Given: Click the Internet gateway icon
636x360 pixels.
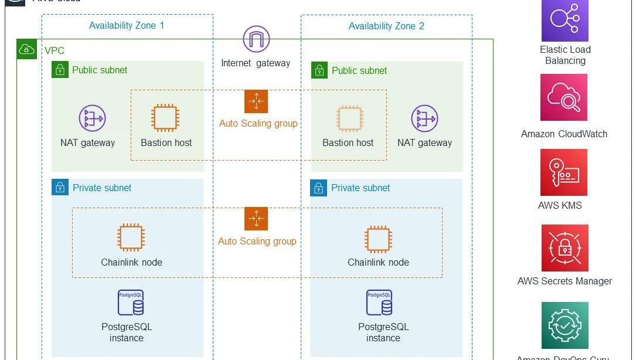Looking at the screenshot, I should (256, 39).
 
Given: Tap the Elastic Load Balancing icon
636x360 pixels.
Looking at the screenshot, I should (564, 19).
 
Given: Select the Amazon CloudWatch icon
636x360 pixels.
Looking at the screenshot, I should (564, 97).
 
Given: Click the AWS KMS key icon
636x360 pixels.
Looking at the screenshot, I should (564, 172).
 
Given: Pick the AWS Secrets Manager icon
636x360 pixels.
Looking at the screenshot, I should (564, 247).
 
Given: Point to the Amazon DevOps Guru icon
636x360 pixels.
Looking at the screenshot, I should (564, 325).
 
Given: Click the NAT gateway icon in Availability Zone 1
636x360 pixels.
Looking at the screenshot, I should (92, 118).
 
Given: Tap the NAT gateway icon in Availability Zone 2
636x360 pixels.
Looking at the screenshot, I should (424, 118).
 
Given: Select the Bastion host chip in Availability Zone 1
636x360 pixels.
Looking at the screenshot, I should (165, 118).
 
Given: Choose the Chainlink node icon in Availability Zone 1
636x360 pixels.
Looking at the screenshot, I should (131, 238).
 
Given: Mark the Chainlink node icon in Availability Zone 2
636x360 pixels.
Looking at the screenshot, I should (378, 238).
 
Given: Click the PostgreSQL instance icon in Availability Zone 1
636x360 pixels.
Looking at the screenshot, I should (131, 303).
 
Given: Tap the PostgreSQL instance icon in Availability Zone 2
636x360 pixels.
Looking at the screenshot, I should (379, 303).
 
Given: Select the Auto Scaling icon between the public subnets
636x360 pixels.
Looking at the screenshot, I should (256, 101).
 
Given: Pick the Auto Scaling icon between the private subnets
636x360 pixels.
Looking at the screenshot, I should (256, 219).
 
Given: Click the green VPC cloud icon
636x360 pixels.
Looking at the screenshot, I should (26, 50).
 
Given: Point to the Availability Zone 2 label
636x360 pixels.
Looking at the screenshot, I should (386, 26).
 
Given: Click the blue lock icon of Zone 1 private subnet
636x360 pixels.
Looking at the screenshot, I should (59, 188).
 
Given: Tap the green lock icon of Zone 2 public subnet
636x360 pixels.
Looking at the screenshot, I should (319, 70).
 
